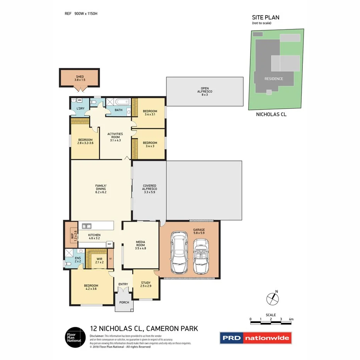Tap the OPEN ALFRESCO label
coord(204,91)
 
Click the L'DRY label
coord(80,108)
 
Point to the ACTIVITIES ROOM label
coord(115,137)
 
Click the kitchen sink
coord(86,226)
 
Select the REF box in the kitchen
coord(109,244)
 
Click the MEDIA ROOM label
coord(140,245)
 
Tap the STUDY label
coord(145,285)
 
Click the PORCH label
coord(124,302)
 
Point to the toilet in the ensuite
coord(68,264)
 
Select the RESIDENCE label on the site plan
coord(273,79)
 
